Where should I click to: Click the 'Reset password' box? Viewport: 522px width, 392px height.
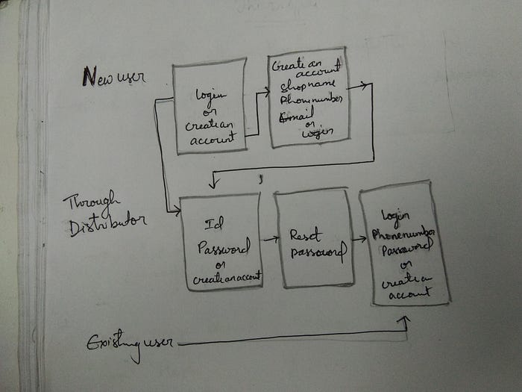tap(313, 239)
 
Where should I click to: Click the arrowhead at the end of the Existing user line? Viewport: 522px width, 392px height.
tap(405, 320)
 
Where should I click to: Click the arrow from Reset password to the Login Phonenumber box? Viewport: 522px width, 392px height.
tap(357, 239)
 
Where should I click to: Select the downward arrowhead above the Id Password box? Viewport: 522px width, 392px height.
tap(213, 184)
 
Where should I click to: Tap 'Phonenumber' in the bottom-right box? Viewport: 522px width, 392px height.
tap(402, 231)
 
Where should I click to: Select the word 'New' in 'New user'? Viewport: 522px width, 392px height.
tap(90, 76)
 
